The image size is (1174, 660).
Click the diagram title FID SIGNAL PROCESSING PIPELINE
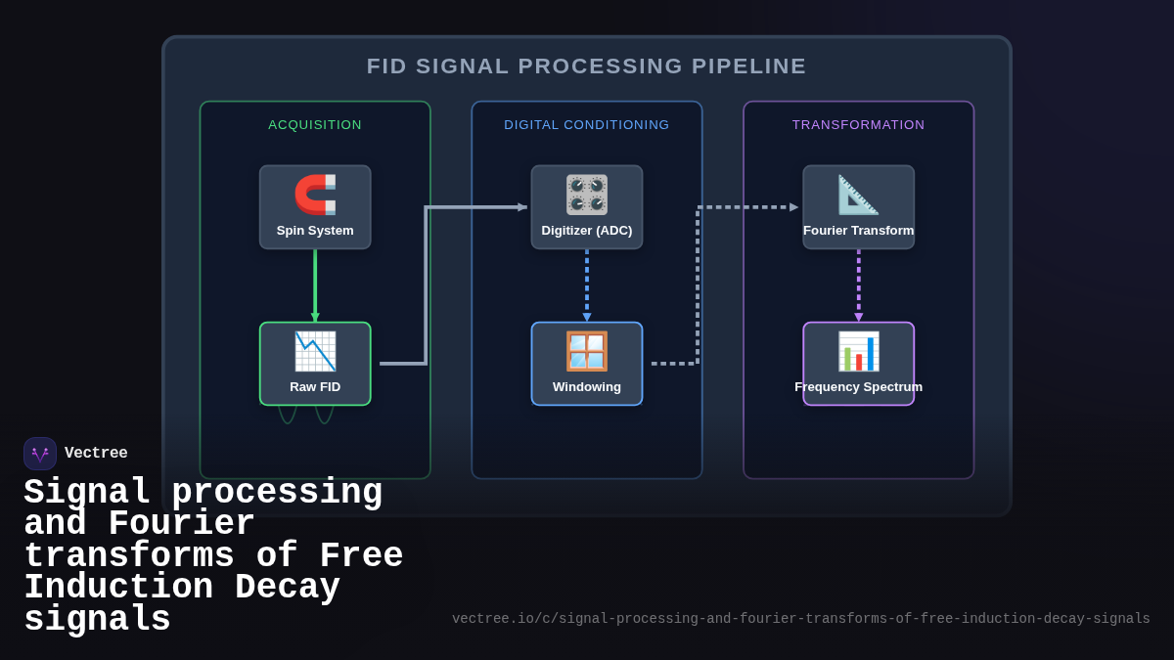pos(586,66)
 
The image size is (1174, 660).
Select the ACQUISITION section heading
pos(315,125)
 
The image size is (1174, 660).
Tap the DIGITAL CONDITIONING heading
pos(587,125)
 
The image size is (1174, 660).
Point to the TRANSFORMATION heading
pos(858,125)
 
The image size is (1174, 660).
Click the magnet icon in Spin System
pos(315,195)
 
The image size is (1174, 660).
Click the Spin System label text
pos(315,231)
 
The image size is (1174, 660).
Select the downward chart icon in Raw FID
pos(315,351)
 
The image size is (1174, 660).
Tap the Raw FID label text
pos(315,387)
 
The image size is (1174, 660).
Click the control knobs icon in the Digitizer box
pos(587,195)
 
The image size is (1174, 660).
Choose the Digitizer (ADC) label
pos(587,231)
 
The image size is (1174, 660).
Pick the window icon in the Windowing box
pos(587,351)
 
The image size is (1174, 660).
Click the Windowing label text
pos(587,387)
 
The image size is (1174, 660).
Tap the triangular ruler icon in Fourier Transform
pos(858,195)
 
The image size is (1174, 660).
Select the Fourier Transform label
pos(858,231)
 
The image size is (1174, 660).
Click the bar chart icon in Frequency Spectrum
pos(858,351)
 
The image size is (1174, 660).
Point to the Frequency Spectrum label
pos(858,387)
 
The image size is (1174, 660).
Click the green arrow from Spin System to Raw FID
pos(315,284)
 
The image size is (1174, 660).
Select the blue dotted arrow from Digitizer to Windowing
pos(587,284)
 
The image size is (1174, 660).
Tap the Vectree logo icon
pos(40,454)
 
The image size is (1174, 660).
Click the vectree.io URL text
pos(800,619)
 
